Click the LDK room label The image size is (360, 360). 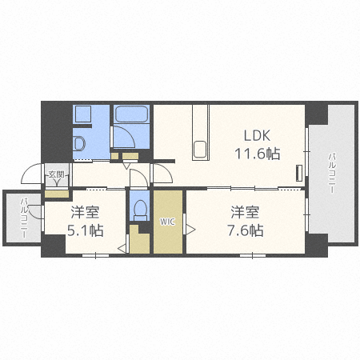click(x=257, y=136)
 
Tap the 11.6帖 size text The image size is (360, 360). click(x=258, y=154)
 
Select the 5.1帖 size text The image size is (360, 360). click(x=85, y=230)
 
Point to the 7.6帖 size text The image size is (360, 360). click(x=246, y=230)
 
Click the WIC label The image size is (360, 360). click(x=167, y=222)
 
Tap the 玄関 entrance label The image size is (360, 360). click(x=56, y=175)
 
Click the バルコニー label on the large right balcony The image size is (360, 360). click(x=332, y=173)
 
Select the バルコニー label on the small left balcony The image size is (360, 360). click(x=25, y=218)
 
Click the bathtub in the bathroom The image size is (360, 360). click(x=131, y=114)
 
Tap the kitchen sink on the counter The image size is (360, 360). click(x=200, y=150)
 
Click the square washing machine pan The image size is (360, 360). click(x=83, y=114)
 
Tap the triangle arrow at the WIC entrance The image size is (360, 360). click(x=190, y=230)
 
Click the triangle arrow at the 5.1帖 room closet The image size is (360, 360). click(x=122, y=249)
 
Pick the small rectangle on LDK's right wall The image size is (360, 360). click(x=299, y=174)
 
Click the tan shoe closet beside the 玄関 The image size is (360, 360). click(x=57, y=194)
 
